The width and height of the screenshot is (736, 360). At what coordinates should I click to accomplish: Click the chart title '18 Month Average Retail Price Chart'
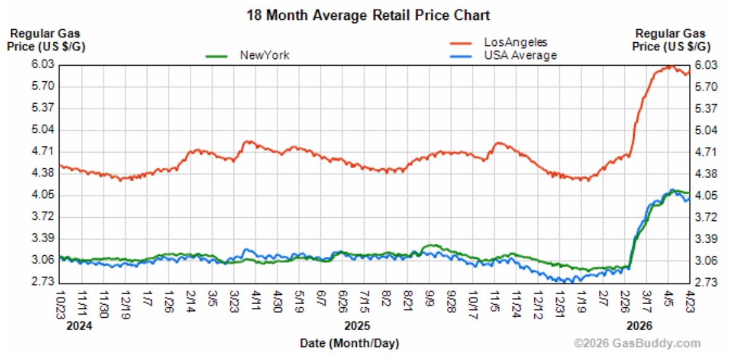click(368, 15)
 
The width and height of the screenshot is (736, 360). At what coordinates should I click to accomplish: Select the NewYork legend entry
click(264, 55)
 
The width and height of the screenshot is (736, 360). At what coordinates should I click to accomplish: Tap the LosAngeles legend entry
click(516, 42)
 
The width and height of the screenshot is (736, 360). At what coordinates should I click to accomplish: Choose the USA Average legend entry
click(520, 55)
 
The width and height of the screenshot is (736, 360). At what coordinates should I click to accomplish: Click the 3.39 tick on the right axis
click(706, 238)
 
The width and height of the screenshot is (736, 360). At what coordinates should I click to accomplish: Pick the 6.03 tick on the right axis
click(706, 65)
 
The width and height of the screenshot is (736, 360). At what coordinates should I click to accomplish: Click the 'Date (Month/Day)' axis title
click(349, 343)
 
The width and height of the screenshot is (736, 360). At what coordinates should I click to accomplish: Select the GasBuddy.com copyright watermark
click(637, 343)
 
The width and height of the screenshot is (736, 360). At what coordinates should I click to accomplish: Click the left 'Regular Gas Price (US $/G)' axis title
click(47, 39)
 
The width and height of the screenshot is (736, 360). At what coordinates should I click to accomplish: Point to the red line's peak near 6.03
click(670, 65)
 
